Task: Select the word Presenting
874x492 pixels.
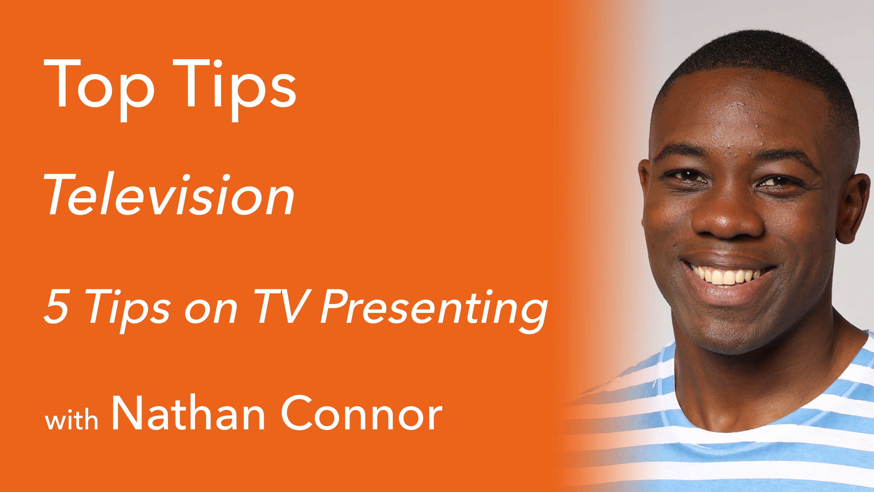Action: (x=434, y=309)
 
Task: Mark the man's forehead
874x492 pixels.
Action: (x=740, y=115)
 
